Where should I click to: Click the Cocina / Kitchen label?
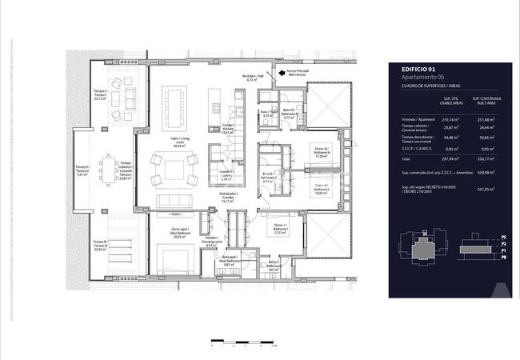228,131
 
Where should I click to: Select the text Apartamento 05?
413,77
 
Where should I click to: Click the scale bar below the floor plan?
241,342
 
